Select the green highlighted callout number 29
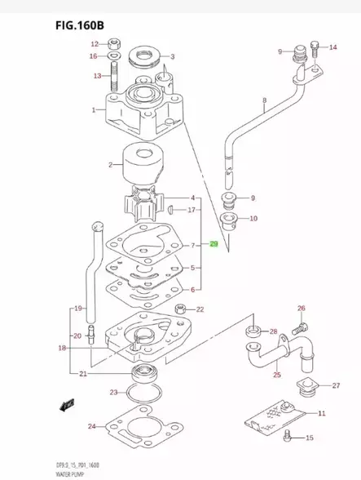coord(214,244)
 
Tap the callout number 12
coord(94,44)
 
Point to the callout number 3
coord(173,57)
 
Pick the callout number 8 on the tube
coord(264,102)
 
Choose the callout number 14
coord(332,48)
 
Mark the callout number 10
coord(253,218)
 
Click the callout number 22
coord(200,309)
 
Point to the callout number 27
coord(336,385)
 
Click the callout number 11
coord(320,413)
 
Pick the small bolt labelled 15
coord(288,438)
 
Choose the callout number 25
coord(276,375)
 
